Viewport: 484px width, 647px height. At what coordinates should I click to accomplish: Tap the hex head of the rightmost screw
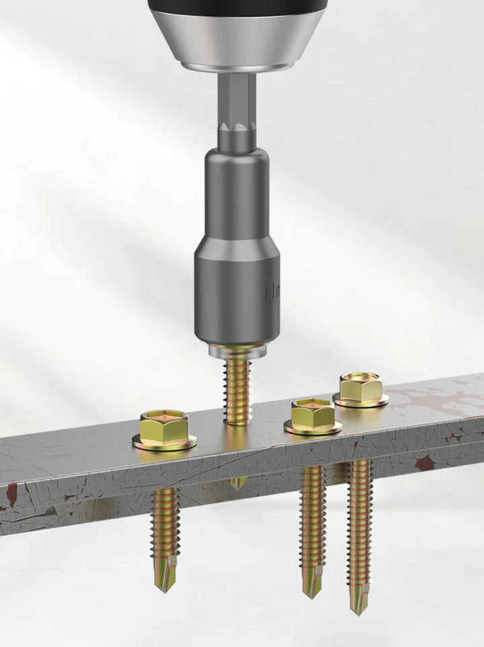pyautogui.click(x=361, y=387)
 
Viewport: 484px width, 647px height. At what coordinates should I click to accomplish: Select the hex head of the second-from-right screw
pyautogui.click(x=312, y=412)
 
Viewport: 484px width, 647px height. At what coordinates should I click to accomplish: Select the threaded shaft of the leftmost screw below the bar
pyautogui.click(x=165, y=519)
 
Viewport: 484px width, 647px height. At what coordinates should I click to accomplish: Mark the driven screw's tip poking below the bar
pyautogui.click(x=238, y=482)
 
